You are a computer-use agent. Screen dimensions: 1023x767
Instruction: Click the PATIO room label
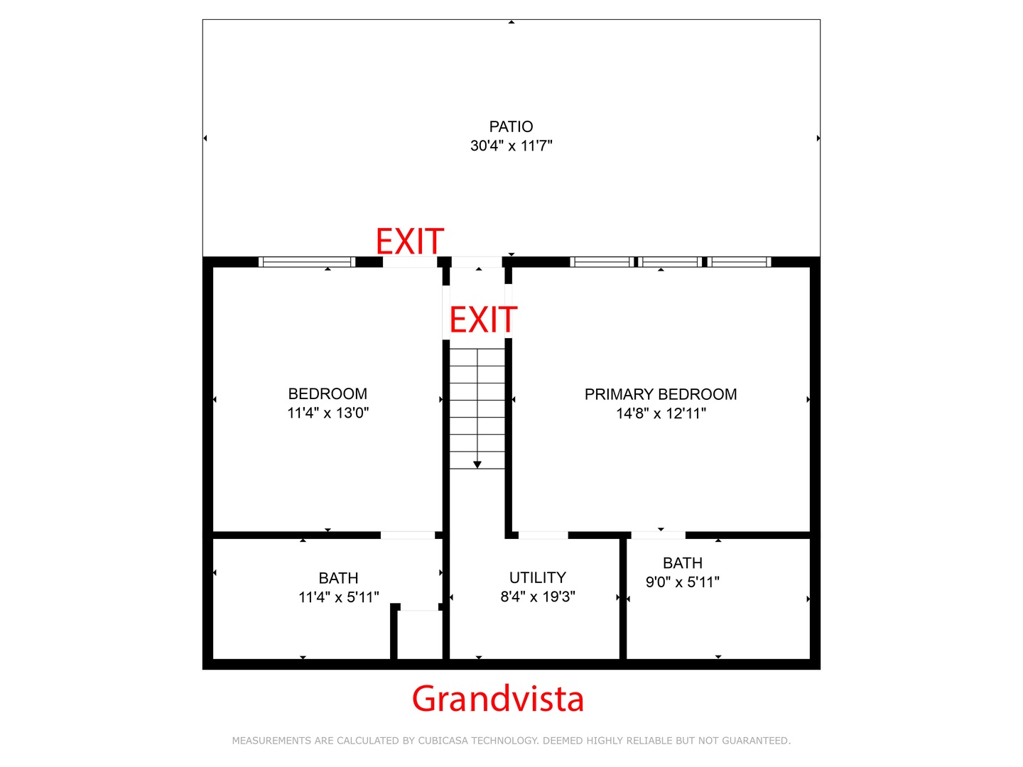click(511, 126)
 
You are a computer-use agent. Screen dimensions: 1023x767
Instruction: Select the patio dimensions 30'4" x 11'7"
click(511, 146)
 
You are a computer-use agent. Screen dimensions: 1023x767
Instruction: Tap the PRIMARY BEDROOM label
click(661, 394)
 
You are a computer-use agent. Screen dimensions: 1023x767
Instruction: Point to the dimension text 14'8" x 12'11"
click(661, 413)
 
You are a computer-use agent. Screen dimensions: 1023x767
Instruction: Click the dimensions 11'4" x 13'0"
click(328, 413)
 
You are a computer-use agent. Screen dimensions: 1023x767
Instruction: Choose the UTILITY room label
click(537, 577)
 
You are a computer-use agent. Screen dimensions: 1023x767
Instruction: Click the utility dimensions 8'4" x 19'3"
click(537, 597)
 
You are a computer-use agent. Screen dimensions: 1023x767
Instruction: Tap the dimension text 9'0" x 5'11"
click(682, 582)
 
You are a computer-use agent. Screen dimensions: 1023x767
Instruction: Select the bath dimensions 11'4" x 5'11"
click(338, 597)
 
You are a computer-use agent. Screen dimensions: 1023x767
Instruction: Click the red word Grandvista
click(498, 700)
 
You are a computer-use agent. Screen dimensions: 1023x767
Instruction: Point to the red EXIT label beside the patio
click(410, 241)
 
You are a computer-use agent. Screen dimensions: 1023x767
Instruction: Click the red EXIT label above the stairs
click(483, 320)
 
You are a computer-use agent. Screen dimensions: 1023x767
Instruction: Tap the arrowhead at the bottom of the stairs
click(477, 464)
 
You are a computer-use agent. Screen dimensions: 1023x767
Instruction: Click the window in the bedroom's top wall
click(307, 262)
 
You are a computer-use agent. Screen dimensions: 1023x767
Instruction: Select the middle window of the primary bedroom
click(670, 262)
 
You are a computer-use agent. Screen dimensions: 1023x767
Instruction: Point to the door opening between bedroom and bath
click(408, 535)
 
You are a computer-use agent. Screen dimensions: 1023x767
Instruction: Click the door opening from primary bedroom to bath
click(658, 535)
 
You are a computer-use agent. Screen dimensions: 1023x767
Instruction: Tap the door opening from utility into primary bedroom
click(543, 535)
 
